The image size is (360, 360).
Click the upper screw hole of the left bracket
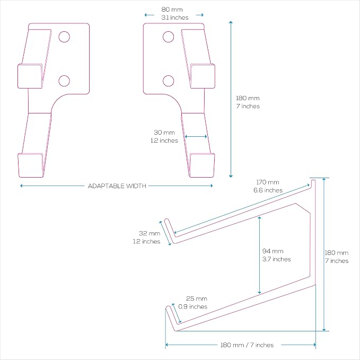pos(64,37)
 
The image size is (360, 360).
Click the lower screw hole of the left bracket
pos(64,81)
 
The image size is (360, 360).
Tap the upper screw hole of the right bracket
pos(168,37)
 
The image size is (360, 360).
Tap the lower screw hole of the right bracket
pos(168,81)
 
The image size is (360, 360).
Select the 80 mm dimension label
pos(172,10)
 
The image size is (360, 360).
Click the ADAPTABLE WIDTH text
pos(117,186)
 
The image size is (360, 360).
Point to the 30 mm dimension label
pos(164,133)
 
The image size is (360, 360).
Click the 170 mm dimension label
pos(268,182)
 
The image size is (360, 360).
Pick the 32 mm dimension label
pos(150,233)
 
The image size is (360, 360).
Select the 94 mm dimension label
pos(273,251)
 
